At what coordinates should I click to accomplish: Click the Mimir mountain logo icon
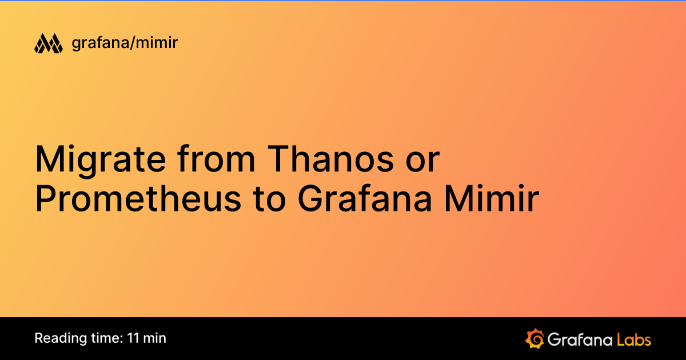point(48,43)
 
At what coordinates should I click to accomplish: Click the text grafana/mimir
point(125,43)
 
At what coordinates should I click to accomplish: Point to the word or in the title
point(421,160)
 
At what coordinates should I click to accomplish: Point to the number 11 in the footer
point(134,338)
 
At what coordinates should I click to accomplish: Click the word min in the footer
point(154,338)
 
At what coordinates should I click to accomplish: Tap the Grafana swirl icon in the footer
point(534,338)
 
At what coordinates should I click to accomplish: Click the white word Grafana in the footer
point(578,339)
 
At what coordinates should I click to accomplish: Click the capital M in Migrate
point(47,160)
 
